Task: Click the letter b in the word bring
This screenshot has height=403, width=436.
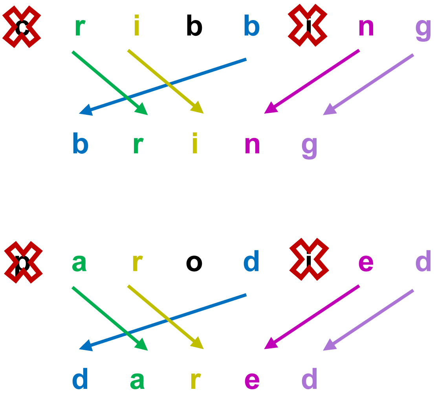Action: pyautogui.click(x=80, y=144)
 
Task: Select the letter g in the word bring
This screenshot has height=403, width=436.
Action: pyautogui.click(x=310, y=146)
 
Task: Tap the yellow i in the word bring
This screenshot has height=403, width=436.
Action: pyautogui.click(x=194, y=144)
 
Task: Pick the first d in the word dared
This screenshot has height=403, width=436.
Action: pyautogui.click(x=80, y=379)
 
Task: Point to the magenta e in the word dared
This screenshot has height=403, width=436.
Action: pyautogui.click(x=252, y=380)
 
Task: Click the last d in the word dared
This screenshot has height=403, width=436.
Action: pyautogui.click(x=310, y=379)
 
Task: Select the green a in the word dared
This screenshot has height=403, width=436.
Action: pyautogui.click(x=137, y=380)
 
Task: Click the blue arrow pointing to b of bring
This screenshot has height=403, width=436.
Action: pyautogui.click(x=163, y=86)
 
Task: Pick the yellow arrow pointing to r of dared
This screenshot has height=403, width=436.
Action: pyautogui.click(x=165, y=317)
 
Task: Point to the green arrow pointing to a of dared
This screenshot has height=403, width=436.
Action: pyautogui.click(x=110, y=318)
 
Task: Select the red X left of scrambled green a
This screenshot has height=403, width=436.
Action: pyautogui.click(x=23, y=262)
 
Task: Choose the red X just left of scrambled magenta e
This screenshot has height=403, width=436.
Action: pyautogui.click(x=309, y=261)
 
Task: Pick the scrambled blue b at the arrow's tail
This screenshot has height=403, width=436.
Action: pyautogui.click(x=251, y=28)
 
